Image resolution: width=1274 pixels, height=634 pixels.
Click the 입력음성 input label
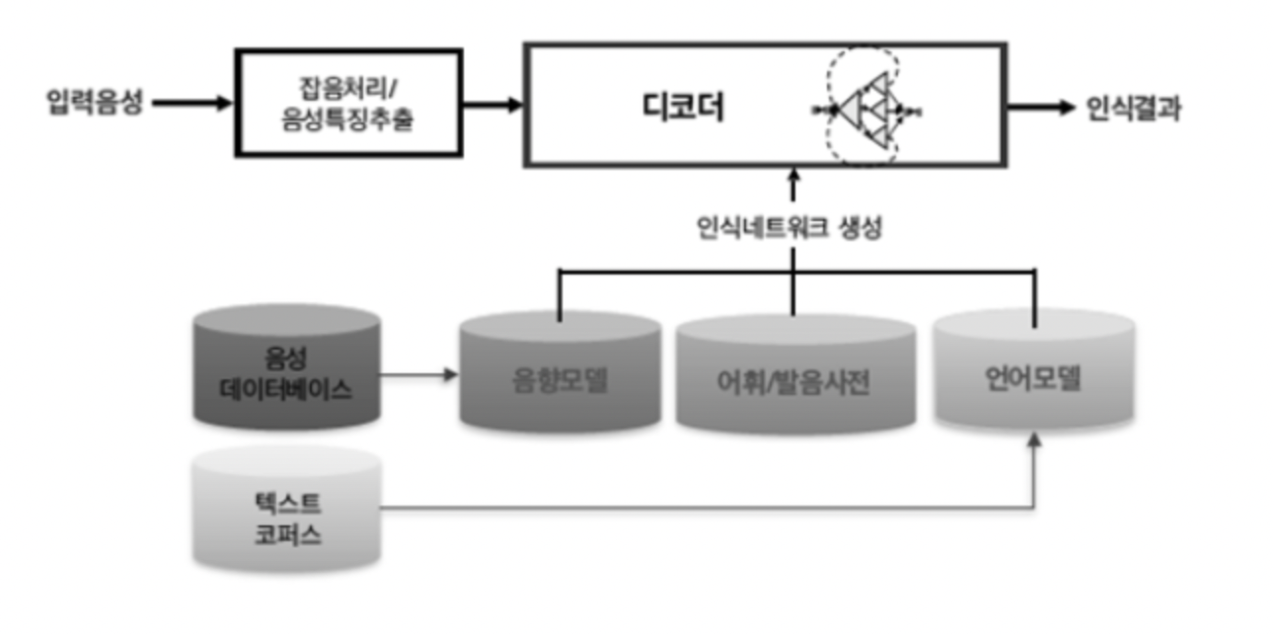click(x=94, y=102)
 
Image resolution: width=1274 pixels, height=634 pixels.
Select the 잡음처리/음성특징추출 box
click(x=348, y=103)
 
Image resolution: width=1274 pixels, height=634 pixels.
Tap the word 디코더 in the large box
click(x=683, y=107)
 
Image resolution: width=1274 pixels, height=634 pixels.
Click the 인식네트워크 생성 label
click(x=789, y=228)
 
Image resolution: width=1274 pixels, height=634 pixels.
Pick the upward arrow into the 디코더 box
click(x=794, y=185)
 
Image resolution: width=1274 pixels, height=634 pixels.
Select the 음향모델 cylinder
click(x=560, y=376)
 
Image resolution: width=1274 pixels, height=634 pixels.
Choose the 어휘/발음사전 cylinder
click(x=794, y=379)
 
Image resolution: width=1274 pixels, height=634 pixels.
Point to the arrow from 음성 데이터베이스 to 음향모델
click(x=418, y=375)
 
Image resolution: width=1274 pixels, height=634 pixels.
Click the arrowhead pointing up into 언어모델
click(x=1034, y=440)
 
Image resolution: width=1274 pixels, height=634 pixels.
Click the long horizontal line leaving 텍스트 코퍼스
click(x=692, y=507)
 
